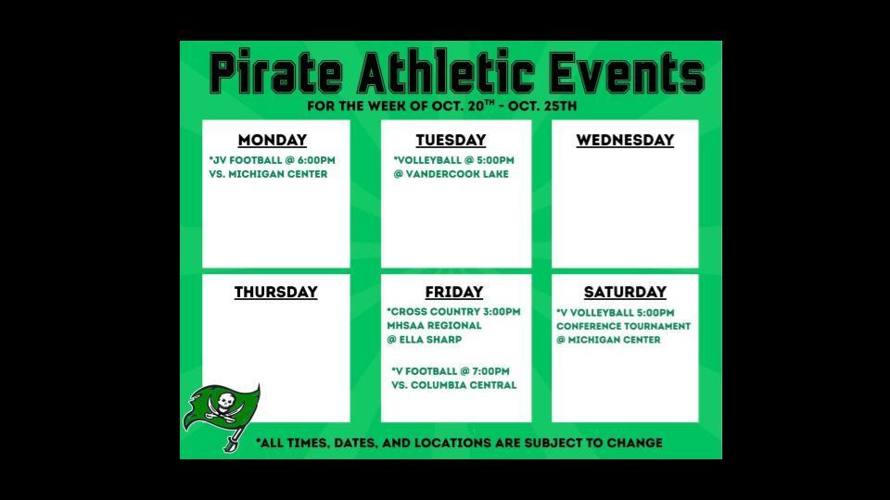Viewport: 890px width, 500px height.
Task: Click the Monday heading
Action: point(273,141)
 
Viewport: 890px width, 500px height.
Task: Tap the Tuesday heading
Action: point(451,141)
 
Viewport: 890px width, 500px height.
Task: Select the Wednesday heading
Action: point(625,141)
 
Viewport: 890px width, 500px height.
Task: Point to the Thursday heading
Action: point(275,293)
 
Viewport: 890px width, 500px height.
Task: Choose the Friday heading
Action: point(454,293)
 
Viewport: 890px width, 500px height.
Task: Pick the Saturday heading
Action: point(625,293)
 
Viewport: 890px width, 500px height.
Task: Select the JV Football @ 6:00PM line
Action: point(273,160)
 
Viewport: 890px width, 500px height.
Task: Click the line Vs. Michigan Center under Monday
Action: point(268,174)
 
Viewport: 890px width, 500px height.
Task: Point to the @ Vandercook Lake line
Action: point(451,174)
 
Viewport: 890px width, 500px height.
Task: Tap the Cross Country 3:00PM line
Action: point(453,312)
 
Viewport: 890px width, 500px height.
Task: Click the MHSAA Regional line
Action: point(434,326)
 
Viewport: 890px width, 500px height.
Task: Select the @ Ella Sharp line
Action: point(424,340)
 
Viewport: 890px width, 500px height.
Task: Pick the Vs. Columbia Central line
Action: point(453,385)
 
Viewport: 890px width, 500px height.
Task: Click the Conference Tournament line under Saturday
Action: point(623,327)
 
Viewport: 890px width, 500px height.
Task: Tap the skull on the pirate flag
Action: point(224,402)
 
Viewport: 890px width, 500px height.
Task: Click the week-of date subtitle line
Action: point(442,106)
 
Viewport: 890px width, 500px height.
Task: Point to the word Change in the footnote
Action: point(634,444)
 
